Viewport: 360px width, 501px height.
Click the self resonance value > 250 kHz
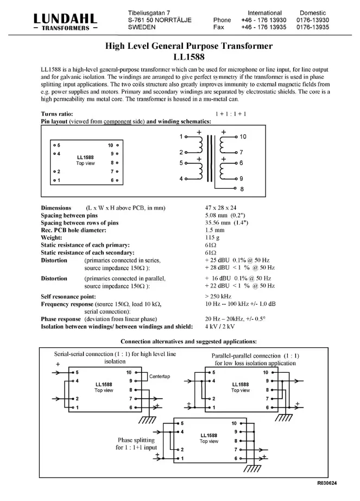point(218,296)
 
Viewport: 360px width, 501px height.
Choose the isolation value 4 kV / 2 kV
point(220,327)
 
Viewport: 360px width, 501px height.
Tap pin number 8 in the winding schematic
point(242,189)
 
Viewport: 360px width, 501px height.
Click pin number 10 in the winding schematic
point(243,137)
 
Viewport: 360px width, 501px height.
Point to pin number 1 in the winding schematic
point(181,137)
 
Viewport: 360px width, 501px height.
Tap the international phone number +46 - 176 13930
point(264,20)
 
